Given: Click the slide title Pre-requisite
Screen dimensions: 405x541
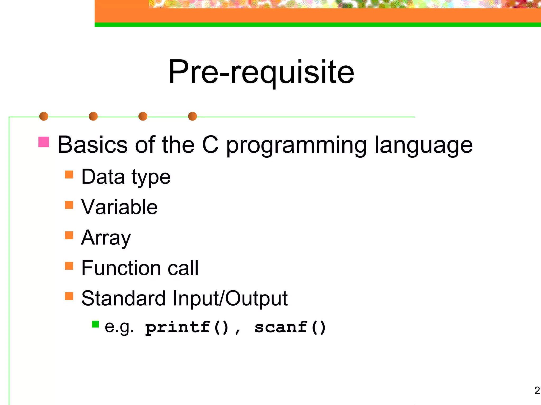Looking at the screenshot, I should click(261, 72).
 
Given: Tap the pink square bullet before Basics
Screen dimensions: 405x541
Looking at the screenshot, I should click(44, 142).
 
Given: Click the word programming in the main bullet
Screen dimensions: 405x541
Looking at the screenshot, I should click(296, 146).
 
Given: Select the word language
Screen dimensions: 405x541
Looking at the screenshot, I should click(423, 146).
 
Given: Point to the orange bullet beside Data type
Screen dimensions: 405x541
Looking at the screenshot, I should click(69, 175).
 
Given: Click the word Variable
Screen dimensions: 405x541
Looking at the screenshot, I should click(119, 207).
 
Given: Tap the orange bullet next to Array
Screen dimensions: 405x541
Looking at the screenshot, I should click(69, 235).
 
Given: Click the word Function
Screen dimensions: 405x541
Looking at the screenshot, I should click(121, 268).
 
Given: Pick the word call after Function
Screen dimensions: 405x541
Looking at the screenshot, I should click(183, 268).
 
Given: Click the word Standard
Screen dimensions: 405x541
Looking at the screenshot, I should click(123, 298).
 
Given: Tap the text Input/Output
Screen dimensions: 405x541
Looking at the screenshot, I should click(230, 299).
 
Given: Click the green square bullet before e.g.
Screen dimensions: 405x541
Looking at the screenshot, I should click(95, 324).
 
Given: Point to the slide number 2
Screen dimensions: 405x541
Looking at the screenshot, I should click(537, 390).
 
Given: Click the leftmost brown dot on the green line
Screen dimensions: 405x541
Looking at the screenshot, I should click(44, 116).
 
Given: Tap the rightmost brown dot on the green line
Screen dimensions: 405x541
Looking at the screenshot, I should click(192, 116).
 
